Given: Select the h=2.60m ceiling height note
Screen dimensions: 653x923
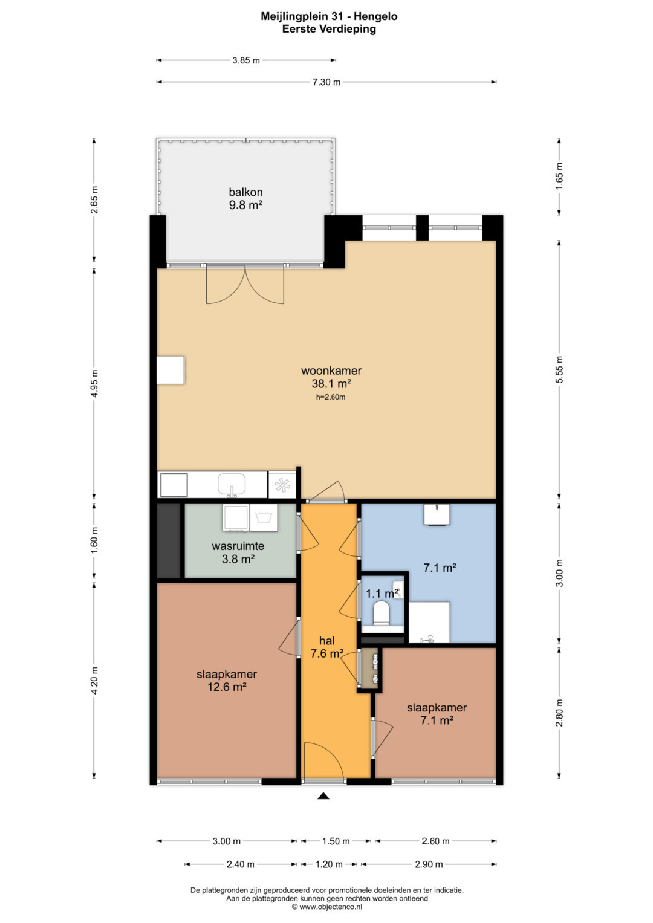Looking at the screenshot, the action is [x=331, y=397].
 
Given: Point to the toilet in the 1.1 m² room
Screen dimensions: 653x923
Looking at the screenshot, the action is [x=381, y=613].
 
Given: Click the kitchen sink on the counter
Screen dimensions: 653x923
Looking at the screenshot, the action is [x=232, y=485].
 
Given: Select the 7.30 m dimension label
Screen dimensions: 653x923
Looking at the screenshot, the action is [x=326, y=82].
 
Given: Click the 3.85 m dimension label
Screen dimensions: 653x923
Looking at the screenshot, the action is [x=246, y=60].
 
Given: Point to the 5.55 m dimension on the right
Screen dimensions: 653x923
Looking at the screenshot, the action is [x=559, y=369].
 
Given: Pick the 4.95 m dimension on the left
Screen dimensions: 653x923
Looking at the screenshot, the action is [x=94, y=383].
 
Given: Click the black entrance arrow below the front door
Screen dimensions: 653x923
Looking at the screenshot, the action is [x=323, y=795].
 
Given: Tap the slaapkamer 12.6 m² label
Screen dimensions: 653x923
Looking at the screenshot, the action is [x=227, y=680].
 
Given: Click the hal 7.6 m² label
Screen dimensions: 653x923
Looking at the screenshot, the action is [x=327, y=647].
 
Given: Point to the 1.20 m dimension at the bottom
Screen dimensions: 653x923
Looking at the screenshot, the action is [x=328, y=864].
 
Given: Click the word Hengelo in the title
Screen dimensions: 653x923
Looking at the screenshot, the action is [x=375, y=16].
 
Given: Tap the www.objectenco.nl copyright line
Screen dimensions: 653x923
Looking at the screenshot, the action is [x=327, y=907].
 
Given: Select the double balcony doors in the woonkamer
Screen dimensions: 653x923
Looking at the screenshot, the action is [x=245, y=285].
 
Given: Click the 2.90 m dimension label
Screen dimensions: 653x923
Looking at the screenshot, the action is [x=429, y=864].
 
